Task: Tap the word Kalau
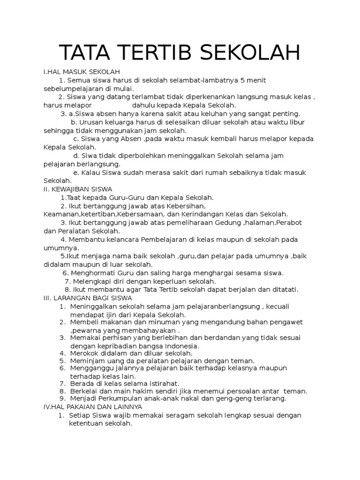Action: point(93,172)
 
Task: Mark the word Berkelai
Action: point(84,391)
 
